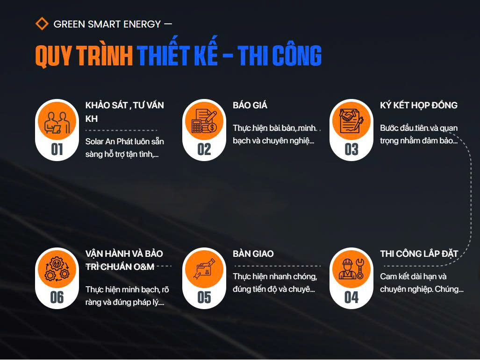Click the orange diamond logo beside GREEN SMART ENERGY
[42, 24]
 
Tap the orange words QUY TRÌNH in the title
[84, 56]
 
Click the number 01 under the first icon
[57, 149]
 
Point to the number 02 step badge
[204, 149]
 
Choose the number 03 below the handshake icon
[351, 149]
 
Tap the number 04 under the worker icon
[351, 297]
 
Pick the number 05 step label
[204, 297]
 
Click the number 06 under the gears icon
[57, 297]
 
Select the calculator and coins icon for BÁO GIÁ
[204, 121]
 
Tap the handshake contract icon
[351, 121]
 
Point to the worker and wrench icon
[351, 269]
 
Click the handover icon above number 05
[204, 269]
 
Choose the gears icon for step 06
[57, 269]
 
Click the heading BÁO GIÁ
[250, 106]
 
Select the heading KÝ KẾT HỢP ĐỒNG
[419, 106]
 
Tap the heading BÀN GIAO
[253, 254]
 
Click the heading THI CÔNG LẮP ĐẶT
[419, 254]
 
